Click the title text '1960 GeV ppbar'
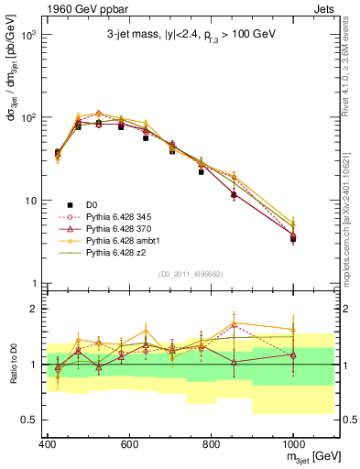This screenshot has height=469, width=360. point(70,10)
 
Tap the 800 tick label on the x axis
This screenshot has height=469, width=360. point(211,444)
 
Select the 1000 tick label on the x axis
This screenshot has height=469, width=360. point(292,444)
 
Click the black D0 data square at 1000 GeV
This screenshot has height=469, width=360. point(293,239)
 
